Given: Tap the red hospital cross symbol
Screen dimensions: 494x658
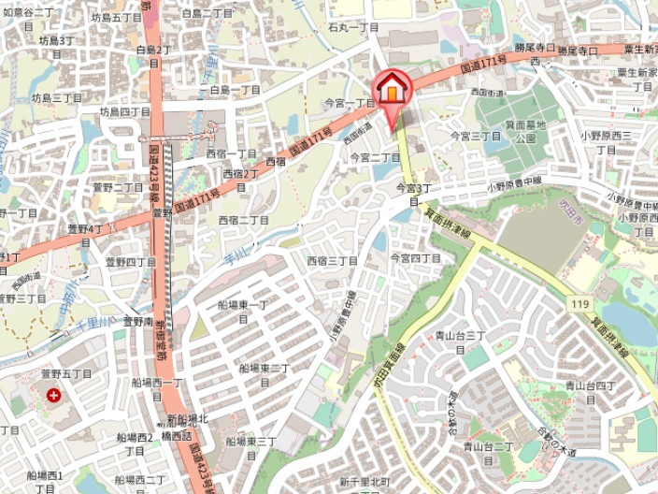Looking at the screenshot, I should (53, 396).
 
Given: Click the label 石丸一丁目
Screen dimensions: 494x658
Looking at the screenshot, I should (353, 27).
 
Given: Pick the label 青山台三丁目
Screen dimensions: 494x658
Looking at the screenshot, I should (459, 341).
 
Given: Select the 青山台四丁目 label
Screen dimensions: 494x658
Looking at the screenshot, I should (589, 390).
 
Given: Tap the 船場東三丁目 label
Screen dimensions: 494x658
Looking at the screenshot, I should (250, 446).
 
